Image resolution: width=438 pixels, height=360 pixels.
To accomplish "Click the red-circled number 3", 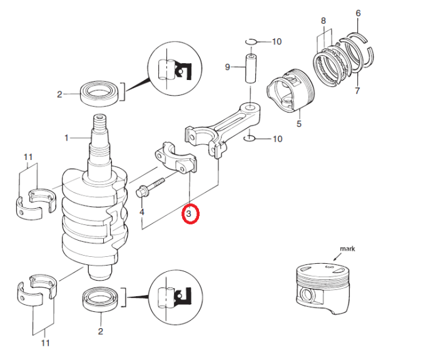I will (x=190, y=214).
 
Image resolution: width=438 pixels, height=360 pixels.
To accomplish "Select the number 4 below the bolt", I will (x=142, y=212).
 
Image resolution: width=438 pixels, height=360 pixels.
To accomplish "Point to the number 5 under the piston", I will (x=298, y=124).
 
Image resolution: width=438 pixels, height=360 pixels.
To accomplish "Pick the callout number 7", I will (x=357, y=91).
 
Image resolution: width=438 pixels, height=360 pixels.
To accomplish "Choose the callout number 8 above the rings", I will (x=323, y=21).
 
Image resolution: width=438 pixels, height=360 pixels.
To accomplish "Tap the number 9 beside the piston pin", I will (x=228, y=67).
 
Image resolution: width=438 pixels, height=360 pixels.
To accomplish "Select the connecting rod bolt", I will (x=149, y=187).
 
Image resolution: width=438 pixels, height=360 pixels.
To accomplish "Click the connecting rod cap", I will (x=175, y=159).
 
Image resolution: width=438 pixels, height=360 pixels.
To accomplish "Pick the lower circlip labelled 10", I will (x=249, y=137).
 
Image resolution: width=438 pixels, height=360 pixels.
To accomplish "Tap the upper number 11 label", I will (x=28, y=156).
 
